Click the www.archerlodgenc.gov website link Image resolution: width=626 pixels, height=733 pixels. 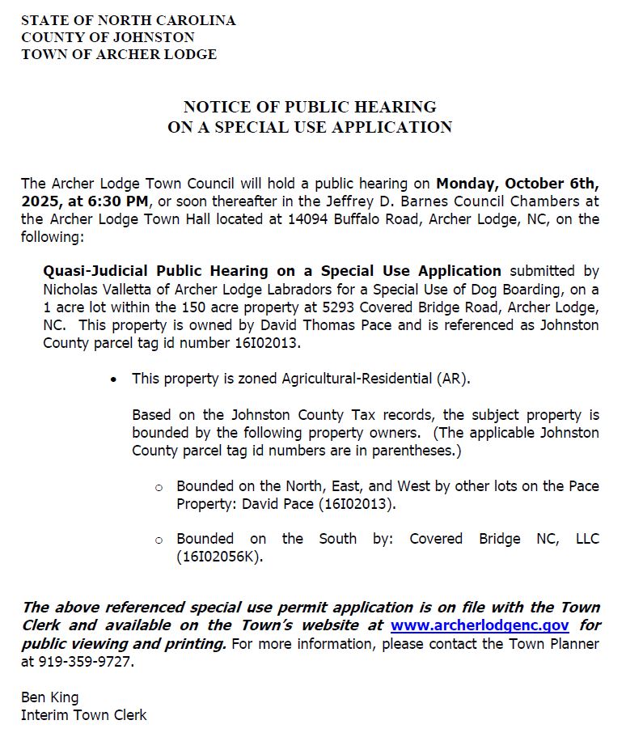point(479,625)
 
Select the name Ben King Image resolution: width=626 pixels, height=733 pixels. point(50,697)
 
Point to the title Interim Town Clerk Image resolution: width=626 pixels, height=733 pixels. point(84,714)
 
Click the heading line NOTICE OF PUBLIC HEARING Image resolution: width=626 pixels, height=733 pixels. point(310,107)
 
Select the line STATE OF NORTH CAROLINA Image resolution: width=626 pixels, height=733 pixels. point(129,20)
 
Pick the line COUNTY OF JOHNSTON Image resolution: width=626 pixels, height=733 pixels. point(108,37)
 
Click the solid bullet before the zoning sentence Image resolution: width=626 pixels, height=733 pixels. point(114,379)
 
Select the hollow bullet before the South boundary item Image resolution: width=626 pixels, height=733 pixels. point(159,540)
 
